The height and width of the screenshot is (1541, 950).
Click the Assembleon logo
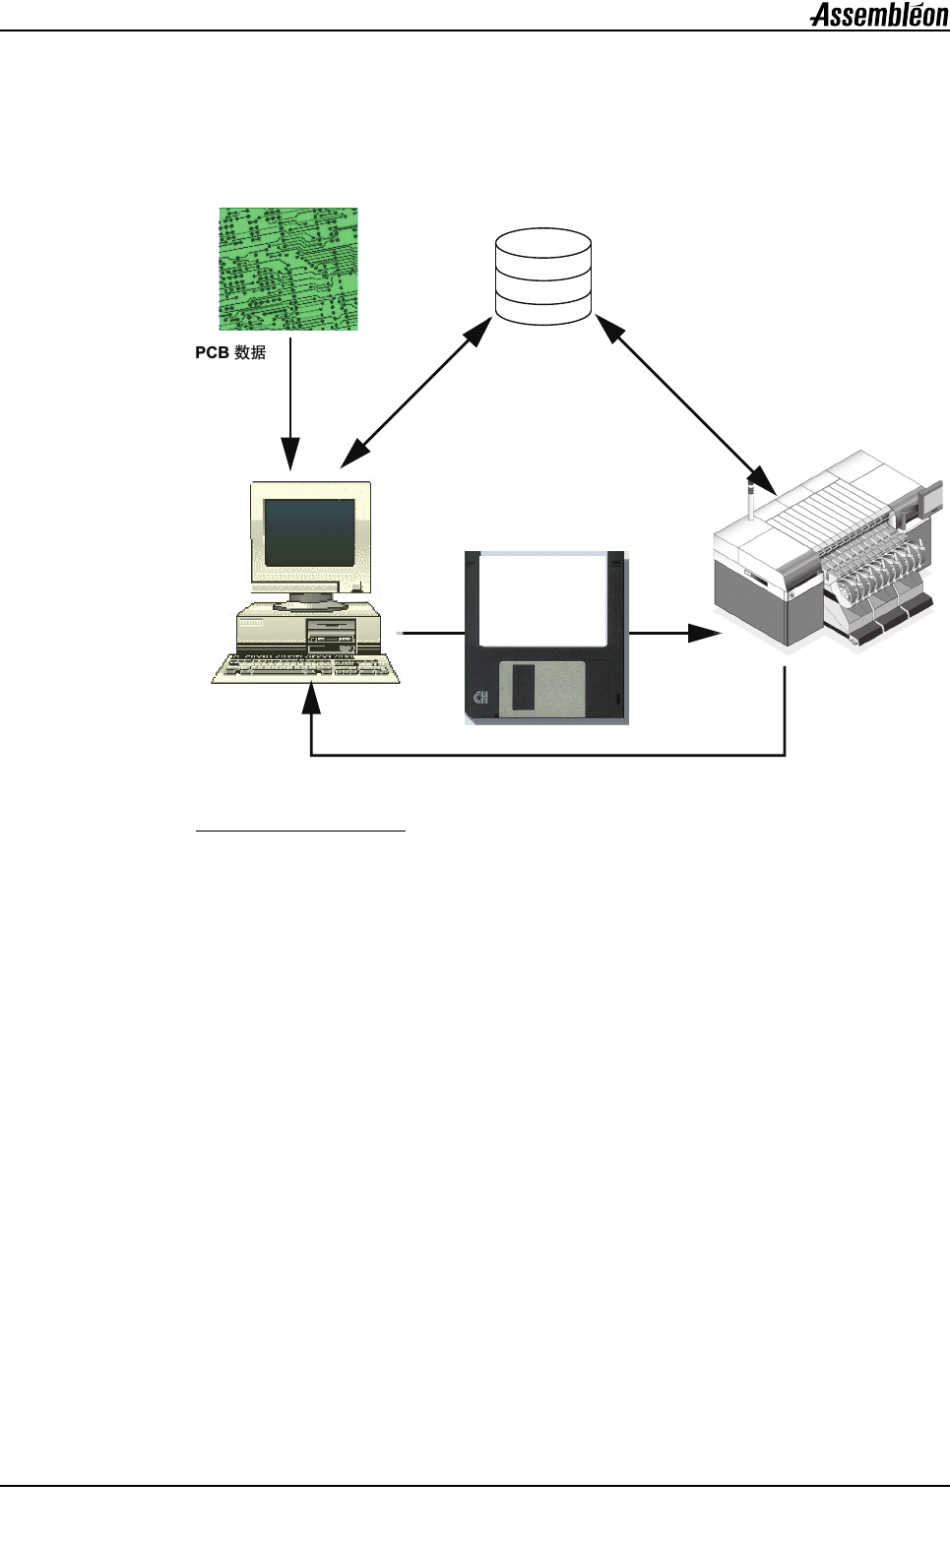pyautogui.click(x=878, y=15)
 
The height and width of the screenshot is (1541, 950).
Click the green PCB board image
pyautogui.click(x=287, y=269)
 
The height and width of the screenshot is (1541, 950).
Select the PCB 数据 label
pyautogui.click(x=230, y=352)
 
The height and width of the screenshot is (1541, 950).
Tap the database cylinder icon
pyautogui.click(x=543, y=277)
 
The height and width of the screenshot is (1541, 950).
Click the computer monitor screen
pyautogui.click(x=309, y=531)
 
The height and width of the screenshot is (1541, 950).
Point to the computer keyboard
pyautogui.click(x=306, y=668)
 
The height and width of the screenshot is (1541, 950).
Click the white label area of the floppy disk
pyautogui.click(x=543, y=598)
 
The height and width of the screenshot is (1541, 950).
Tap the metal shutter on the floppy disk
pyautogui.click(x=541, y=689)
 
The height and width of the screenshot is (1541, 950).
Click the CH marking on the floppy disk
pyautogui.click(x=481, y=699)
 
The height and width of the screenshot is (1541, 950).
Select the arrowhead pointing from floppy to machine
pyautogui.click(x=706, y=633)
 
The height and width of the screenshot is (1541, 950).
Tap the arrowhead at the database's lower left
pyautogui.click(x=479, y=331)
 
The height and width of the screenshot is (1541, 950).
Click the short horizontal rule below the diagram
pyautogui.click(x=301, y=832)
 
